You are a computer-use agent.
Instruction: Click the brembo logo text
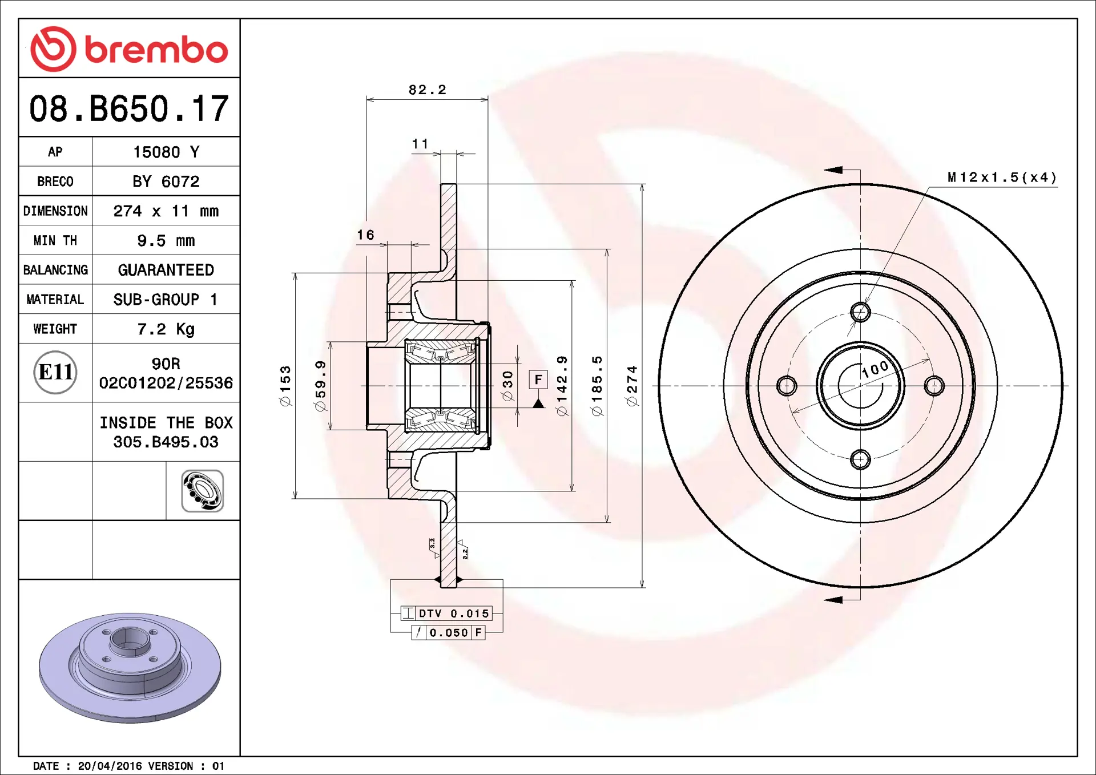(156, 50)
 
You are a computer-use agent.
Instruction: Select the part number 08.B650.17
(129, 108)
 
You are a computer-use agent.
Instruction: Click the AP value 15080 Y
(166, 152)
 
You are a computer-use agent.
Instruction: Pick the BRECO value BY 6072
(166, 181)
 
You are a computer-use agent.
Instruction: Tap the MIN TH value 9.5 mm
(166, 240)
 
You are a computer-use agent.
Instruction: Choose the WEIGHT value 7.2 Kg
(166, 329)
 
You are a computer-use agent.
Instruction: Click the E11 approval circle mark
(55, 372)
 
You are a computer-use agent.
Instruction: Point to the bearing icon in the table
(203, 491)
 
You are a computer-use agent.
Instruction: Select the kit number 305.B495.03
(166, 442)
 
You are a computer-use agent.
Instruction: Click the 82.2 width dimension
(428, 90)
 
